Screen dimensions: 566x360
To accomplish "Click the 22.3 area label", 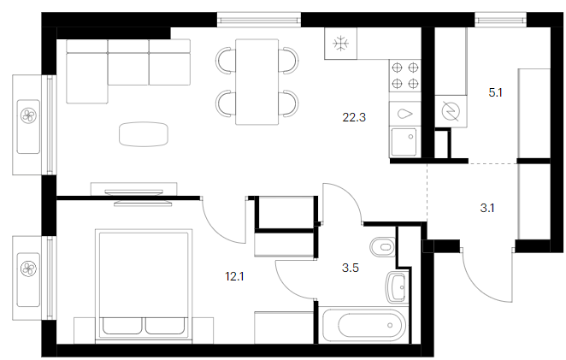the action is (x=354, y=117).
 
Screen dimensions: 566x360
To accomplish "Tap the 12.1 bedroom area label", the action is (x=234, y=276).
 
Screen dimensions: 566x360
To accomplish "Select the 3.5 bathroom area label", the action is (x=351, y=268).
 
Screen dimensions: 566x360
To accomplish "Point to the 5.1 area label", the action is (x=495, y=93).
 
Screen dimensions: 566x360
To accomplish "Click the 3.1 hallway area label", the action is (x=487, y=208).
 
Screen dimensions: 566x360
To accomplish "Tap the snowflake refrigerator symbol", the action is (x=341, y=44).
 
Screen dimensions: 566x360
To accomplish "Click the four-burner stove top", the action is (x=405, y=75).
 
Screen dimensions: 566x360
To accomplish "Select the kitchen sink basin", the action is (x=404, y=142).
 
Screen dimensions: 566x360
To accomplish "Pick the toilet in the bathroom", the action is (x=383, y=247).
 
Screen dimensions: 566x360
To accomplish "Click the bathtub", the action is (x=364, y=326).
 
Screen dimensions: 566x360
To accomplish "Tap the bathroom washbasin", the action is (x=397, y=287).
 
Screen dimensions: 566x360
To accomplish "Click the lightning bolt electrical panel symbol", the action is (x=451, y=111).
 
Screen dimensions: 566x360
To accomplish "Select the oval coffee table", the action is (x=144, y=134).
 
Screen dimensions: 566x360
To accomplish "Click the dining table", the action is (x=257, y=82).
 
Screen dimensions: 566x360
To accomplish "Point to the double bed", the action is (x=144, y=285).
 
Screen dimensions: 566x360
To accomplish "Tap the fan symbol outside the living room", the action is (x=28, y=115).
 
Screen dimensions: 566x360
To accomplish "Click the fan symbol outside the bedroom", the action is (x=28, y=269).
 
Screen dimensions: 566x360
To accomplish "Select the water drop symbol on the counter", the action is (x=405, y=114).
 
